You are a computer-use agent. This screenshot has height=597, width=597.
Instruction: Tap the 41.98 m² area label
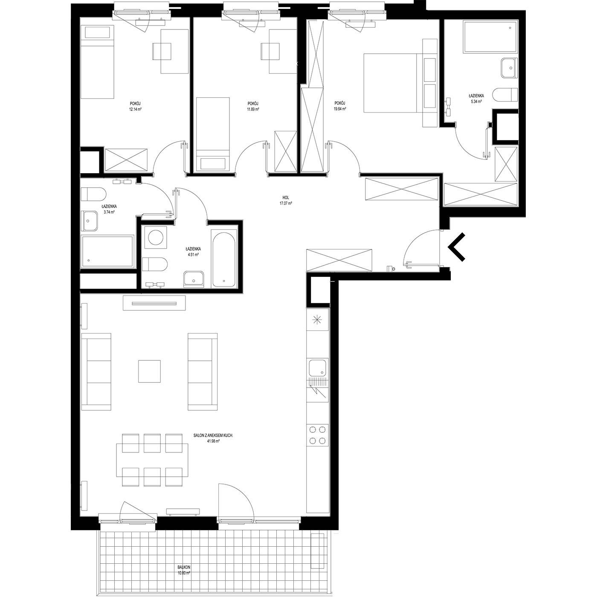click(x=213, y=441)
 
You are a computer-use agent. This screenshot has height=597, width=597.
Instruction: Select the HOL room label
click(x=286, y=197)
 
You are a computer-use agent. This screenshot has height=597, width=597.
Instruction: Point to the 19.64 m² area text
click(x=340, y=109)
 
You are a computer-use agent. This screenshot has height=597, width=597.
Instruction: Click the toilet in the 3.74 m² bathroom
click(x=93, y=194)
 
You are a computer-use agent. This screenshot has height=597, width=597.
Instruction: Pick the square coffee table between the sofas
click(x=149, y=371)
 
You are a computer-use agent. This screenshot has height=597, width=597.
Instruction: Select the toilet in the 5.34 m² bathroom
click(x=505, y=95)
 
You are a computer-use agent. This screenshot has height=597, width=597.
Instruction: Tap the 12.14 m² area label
click(x=135, y=109)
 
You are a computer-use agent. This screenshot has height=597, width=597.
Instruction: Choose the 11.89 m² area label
click(x=253, y=109)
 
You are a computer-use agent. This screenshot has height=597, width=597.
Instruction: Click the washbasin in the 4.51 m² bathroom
click(x=194, y=279)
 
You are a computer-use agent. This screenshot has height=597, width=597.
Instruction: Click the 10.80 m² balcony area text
click(x=184, y=573)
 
